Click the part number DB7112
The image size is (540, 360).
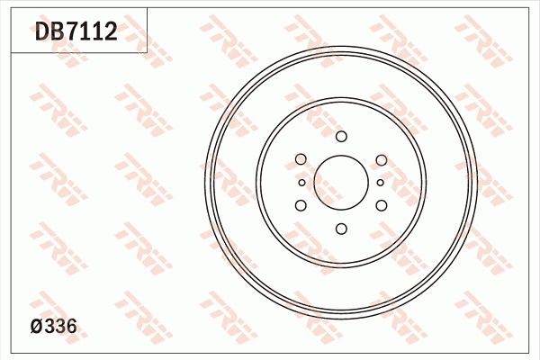tap(76, 33)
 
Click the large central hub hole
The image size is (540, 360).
tap(341, 182)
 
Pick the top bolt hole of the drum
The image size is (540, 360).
tap(341, 137)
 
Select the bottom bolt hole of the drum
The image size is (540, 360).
tap(341, 228)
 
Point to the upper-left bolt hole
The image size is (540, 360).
tap(301, 159)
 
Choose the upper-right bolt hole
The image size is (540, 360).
tap(381, 160)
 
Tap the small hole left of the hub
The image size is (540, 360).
tap(301, 183)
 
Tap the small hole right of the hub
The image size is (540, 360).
tap(381, 183)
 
